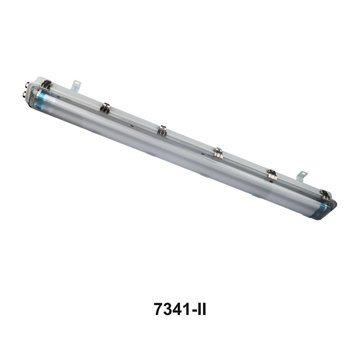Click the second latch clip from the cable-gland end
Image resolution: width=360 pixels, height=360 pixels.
tap(105, 108)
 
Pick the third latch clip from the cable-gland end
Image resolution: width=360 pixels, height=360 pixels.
tap(162, 130)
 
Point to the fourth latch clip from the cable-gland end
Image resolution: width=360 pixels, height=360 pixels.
tap(218, 153)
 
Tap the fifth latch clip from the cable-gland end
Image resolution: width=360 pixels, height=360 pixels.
tap(272, 175)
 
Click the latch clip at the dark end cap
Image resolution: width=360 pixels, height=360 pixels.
tap(325, 195)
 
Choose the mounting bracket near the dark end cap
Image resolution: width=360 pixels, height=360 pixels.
tap(302, 176)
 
